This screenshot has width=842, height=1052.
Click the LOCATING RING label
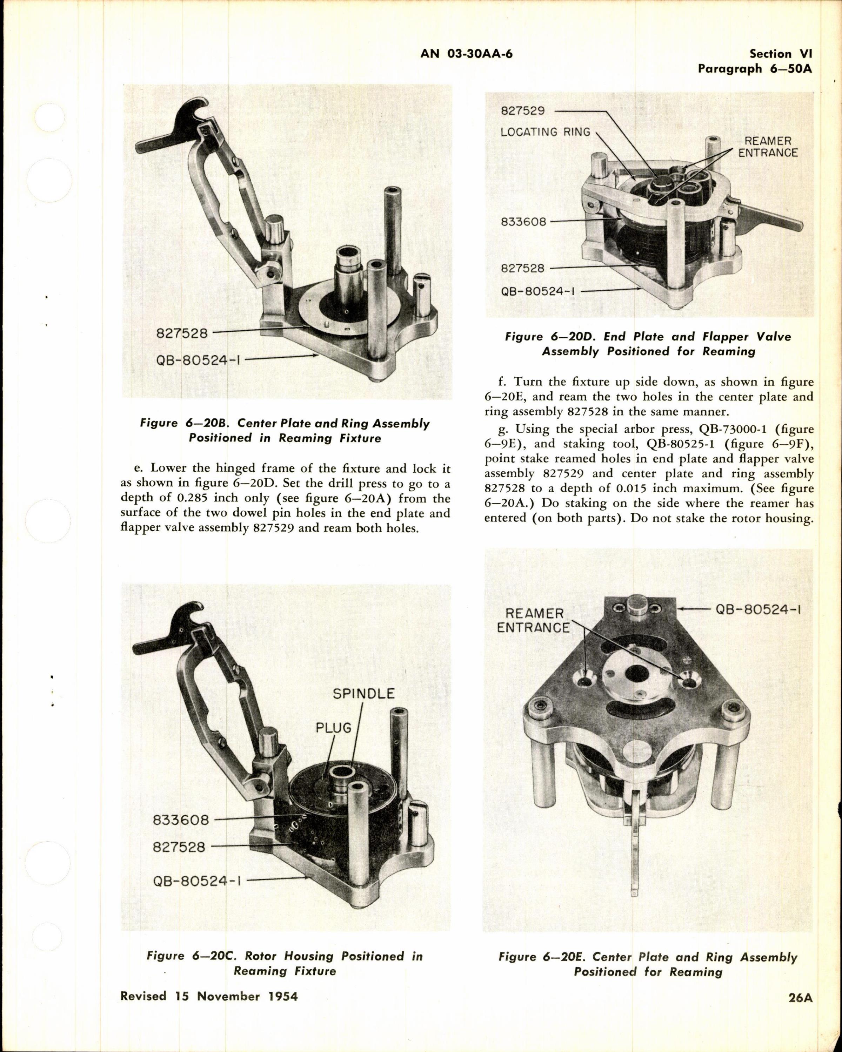click(x=546, y=132)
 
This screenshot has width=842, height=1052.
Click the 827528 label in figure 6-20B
click(x=182, y=333)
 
